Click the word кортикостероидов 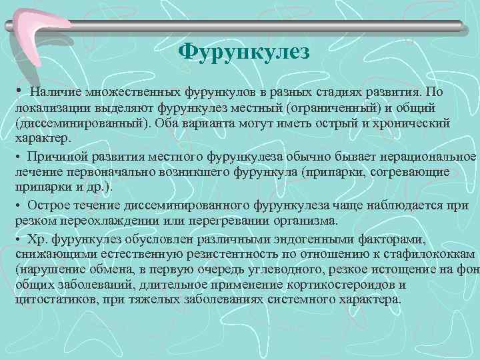point(343,286)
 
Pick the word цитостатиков point(53,301)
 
